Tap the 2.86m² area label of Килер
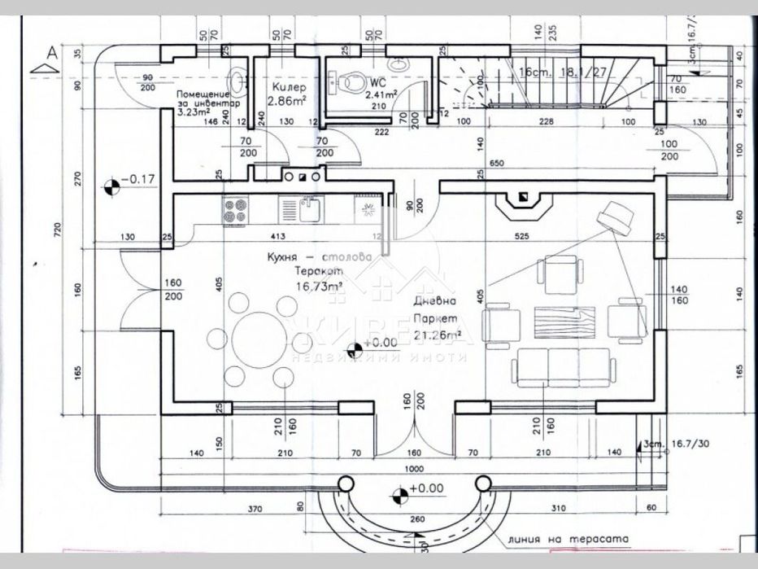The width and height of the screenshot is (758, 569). [x=287, y=101]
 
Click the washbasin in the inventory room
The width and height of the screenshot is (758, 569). [x=237, y=81]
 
